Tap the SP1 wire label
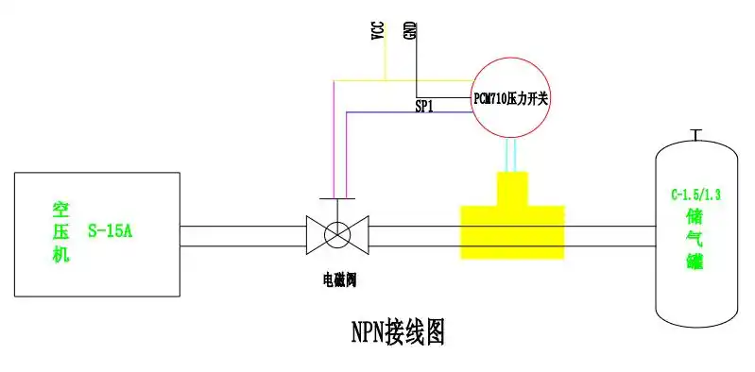pos(424,107)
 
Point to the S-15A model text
pos(110,229)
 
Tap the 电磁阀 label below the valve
pos(337,279)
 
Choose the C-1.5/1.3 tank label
pos(695,196)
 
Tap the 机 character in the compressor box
pos(60,252)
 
